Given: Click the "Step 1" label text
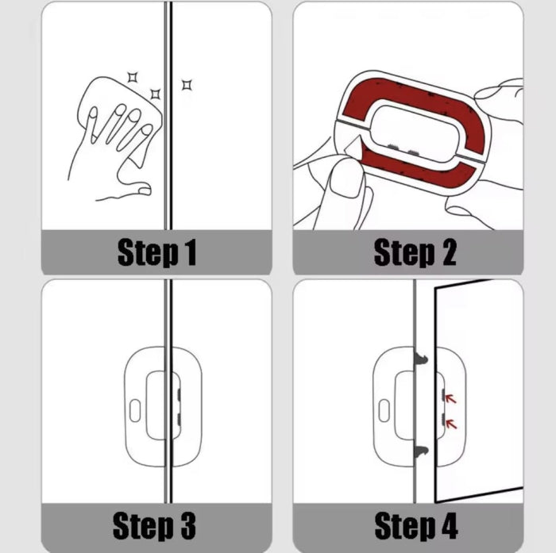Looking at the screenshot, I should click(156, 253).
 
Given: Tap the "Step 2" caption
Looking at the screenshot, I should click(415, 253).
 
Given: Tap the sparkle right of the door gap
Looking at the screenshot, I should click(187, 84).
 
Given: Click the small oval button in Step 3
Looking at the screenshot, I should click(134, 410).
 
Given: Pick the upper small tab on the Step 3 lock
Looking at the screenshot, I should click(178, 392).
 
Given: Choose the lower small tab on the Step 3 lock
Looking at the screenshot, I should click(178, 417).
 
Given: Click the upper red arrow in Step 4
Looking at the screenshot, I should click(451, 399).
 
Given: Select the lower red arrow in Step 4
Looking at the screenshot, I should click(451, 424).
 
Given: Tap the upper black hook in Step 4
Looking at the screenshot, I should click(420, 360).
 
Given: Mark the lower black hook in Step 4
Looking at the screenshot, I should click(420, 451).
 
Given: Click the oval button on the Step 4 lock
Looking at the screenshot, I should click(384, 410).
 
